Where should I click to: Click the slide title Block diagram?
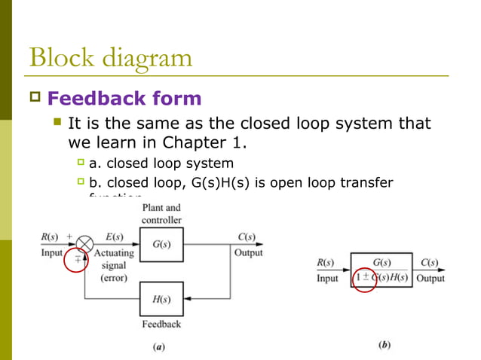[x=110, y=57]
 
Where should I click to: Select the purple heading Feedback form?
[x=124, y=98]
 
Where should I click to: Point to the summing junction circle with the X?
[x=87, y=244]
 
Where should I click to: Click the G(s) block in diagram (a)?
[x=161, y=244]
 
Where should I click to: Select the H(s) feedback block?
[x=161, y=299]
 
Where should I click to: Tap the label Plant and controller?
[x=161, y=214]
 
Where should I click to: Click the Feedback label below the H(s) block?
[x=161, y=324]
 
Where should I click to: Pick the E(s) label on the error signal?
[x=115, y=236]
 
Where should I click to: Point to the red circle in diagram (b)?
[x=370, y=277]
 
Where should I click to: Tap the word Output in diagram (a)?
[x=248, y=253]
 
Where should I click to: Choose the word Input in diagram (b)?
[x=327, y=278]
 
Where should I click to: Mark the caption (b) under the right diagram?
[x=384, y=345]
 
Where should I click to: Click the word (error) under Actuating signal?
[x=113, y=276]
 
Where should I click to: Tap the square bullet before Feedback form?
[x=34, y=98]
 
